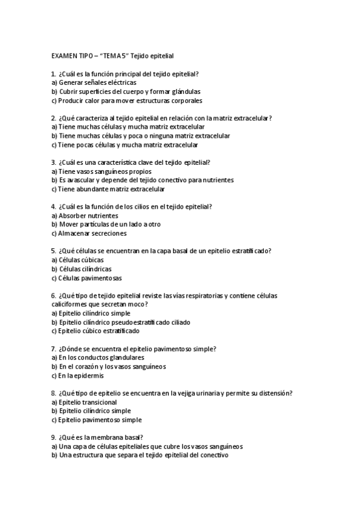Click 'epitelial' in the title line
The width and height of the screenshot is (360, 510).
[x=160, y=55]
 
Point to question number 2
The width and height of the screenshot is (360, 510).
[x=53, y=118]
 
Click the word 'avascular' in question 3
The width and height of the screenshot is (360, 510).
[x=79, y=180]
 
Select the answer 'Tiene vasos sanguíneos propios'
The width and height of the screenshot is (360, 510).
[x=96, y=171]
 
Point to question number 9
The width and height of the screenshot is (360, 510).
[x=53, y=437]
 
